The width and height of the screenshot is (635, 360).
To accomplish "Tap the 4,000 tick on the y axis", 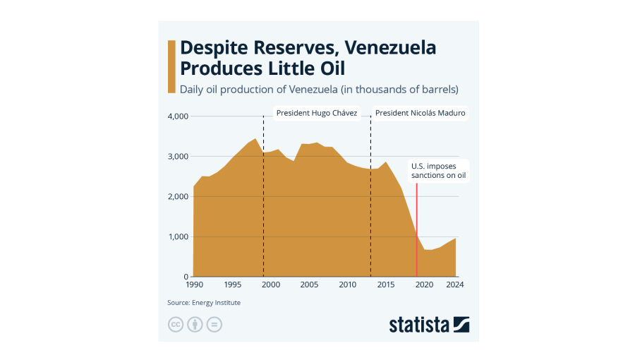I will (x=177, y=116).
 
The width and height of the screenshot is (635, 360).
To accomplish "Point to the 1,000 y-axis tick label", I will (x=177, y=236).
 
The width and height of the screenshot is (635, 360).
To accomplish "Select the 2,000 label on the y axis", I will (x=177, y=196).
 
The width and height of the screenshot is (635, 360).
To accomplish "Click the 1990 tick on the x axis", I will (x=194, y=284).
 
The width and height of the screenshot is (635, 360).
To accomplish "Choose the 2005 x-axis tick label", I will (x=309, y=284).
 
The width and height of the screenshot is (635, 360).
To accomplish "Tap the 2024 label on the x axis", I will (x=455, y=284).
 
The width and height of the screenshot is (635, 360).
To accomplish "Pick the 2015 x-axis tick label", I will (x=386, y=284).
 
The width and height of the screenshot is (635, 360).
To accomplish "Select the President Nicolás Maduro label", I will (x=420, y=113).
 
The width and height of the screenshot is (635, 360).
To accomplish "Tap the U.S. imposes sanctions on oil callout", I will (x=438, y=171).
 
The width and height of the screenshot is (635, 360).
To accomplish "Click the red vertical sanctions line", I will (x=417, y=226).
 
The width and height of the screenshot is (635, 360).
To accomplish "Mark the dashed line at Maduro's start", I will (x=370, y=212).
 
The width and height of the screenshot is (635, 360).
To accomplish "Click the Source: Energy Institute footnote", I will (x=204, y=303).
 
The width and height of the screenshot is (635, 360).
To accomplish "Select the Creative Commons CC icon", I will (x=176, y=325).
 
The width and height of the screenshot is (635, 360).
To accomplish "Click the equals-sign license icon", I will (x=214, y=325).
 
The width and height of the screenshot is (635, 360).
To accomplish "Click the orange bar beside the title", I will (x=171, y=66).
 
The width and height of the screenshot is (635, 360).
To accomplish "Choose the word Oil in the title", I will (x=331, y=68).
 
